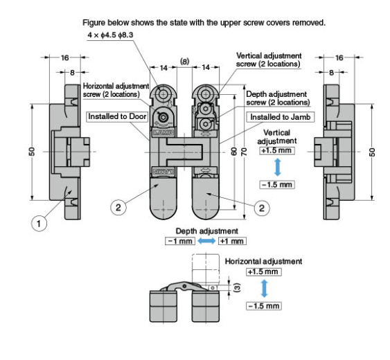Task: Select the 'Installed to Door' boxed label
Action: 113,117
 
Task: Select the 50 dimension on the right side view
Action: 371,151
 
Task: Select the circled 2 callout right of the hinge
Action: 260,206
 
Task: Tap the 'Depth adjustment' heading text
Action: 200,231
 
